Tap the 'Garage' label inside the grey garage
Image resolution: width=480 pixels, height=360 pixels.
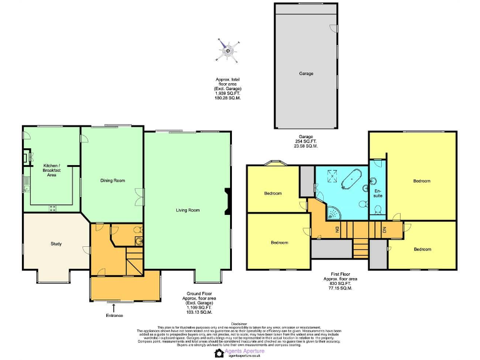[x=306, y=74]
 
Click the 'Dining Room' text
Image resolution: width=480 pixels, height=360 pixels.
[x=113, y=181]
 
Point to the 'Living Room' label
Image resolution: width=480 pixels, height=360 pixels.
[x=187, y=211]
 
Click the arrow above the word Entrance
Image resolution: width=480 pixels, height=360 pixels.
[x=113, y=307]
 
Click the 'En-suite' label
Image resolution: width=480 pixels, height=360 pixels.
[x=377, y=193]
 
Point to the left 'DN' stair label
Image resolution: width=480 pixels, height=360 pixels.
[x=337, y=229]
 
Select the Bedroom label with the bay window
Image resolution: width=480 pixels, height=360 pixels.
[x=272, y=193]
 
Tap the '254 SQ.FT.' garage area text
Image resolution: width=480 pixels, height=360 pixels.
[x=306, y=141]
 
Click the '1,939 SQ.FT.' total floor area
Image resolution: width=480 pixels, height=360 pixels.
[x=227, y=93]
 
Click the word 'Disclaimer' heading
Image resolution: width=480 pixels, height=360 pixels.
[x=239, y=324]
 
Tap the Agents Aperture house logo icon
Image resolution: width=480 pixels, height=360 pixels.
[x=219, y=353]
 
